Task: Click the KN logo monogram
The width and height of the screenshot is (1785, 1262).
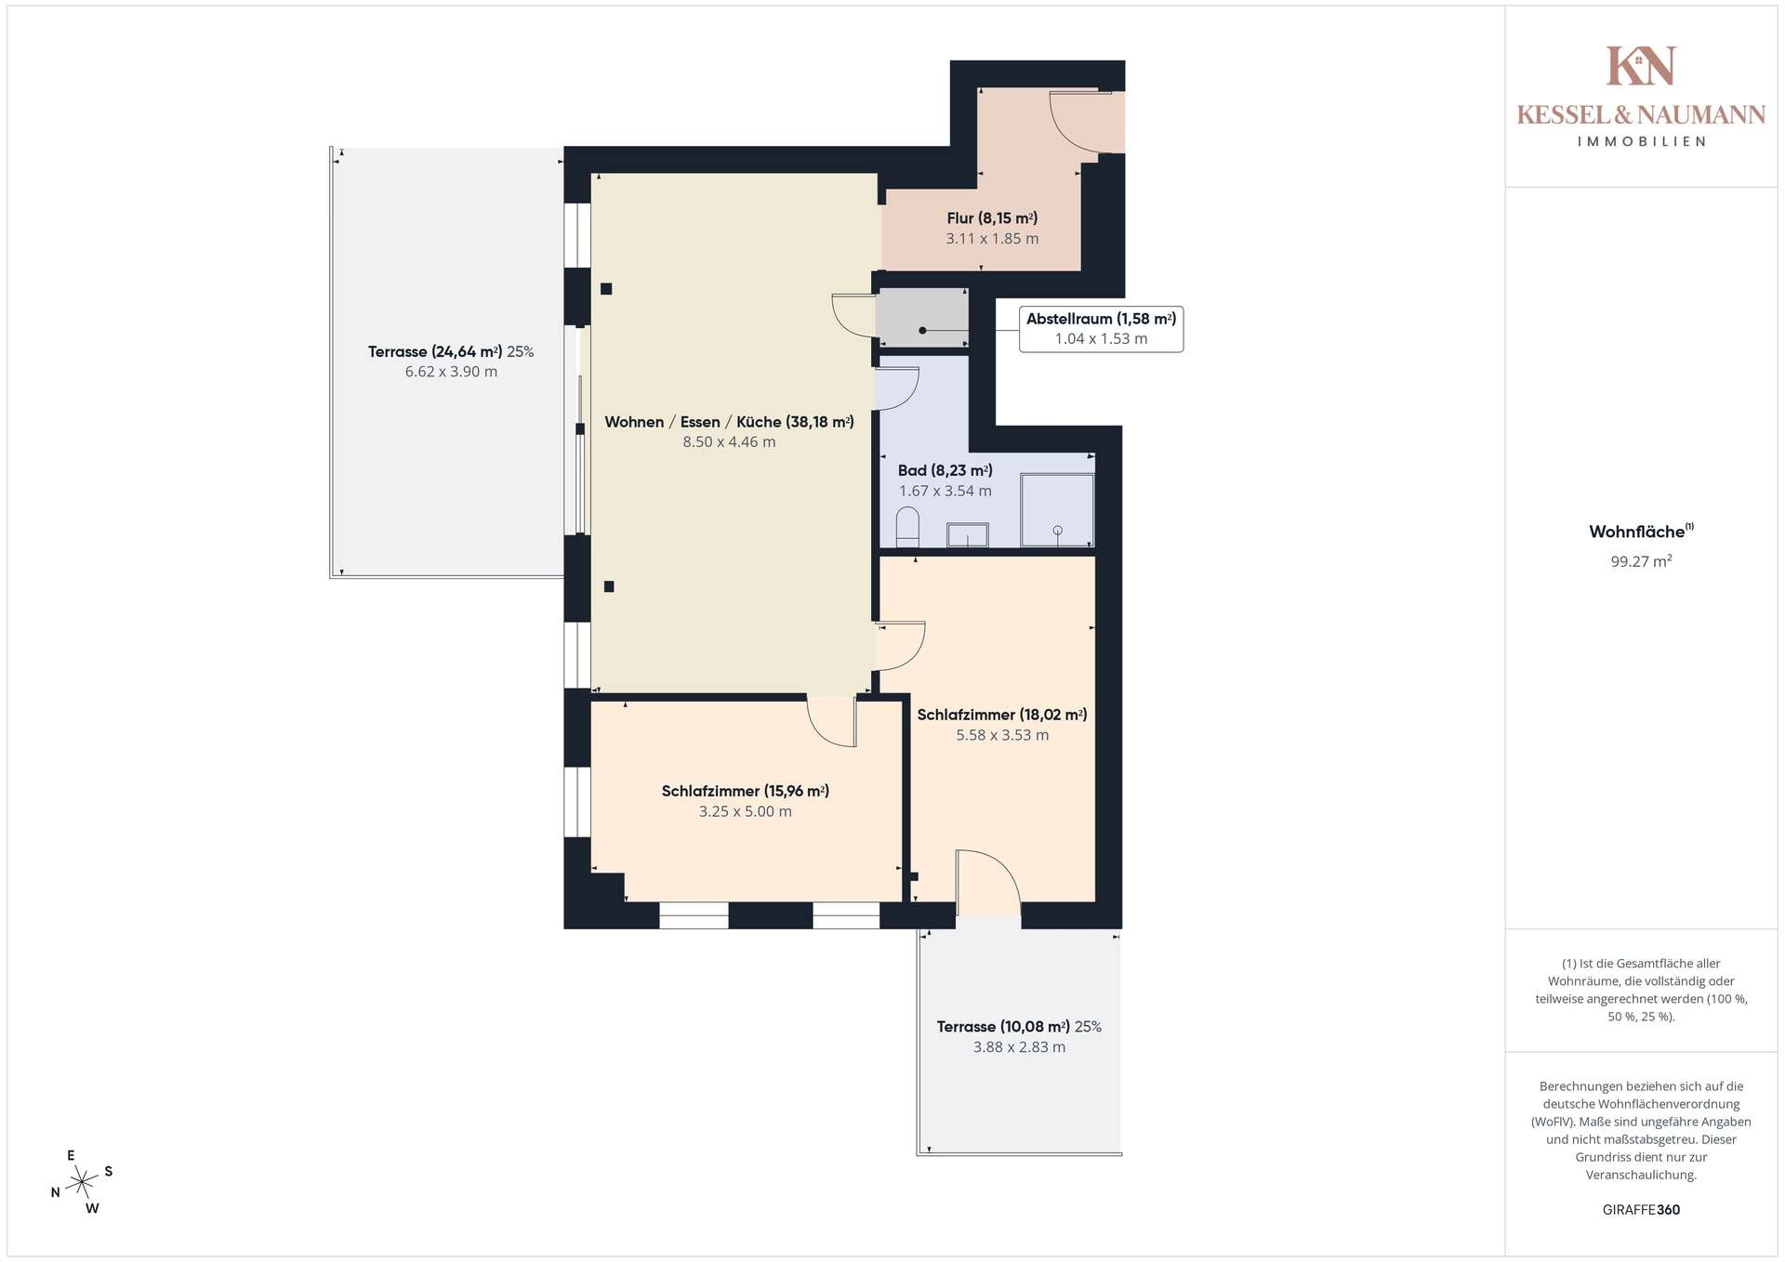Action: point(1641,66)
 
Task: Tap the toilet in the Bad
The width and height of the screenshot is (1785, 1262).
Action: point(907,527)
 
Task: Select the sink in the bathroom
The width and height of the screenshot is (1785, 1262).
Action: point(967,535)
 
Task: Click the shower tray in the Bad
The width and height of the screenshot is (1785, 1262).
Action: point(1057,510)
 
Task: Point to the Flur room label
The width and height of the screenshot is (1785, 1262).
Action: point(992,218)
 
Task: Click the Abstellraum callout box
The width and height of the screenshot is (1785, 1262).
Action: point(1101,329)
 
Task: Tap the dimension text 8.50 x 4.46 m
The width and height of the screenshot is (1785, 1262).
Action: point(729,442)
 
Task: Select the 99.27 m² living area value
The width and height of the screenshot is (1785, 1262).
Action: point(1641,561)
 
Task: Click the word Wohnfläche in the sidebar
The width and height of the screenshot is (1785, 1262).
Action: point(1636,532)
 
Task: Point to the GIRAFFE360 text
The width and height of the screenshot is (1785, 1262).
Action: point(1641,1210)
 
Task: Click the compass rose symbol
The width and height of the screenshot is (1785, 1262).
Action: point(83,1182)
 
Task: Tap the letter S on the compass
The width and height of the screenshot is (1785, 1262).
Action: point(109,1171)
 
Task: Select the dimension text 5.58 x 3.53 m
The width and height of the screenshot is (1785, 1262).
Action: point(1002,735)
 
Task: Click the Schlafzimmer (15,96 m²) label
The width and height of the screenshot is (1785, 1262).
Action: point(746,791)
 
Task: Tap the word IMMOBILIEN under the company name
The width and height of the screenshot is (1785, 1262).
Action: point(1641,141)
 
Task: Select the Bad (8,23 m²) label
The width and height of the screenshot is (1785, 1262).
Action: point(945,471)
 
